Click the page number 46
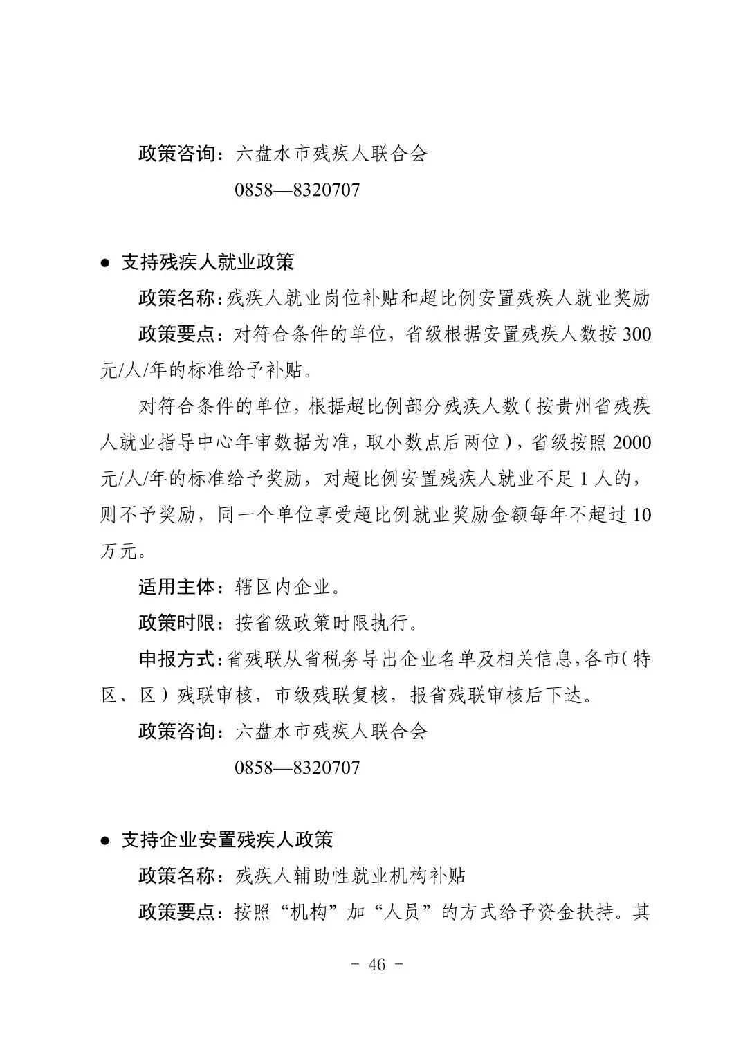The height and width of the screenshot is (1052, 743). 377,965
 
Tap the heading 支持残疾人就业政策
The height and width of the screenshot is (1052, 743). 208,262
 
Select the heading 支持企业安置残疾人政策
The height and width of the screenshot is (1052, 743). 227,840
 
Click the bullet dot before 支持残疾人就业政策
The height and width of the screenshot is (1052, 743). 105,262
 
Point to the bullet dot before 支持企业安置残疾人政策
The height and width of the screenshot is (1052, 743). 105,840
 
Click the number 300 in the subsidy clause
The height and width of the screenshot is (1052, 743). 636,334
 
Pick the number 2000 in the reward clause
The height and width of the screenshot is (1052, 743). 632,442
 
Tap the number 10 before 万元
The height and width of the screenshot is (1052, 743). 641,515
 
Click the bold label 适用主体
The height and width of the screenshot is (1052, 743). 178,587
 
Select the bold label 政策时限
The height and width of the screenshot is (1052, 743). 178,623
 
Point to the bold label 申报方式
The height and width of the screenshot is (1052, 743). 178,659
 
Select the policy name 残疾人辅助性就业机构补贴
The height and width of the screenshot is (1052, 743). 350,876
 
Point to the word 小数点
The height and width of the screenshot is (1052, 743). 434,442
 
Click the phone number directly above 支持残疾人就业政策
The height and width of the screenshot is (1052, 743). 297,189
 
